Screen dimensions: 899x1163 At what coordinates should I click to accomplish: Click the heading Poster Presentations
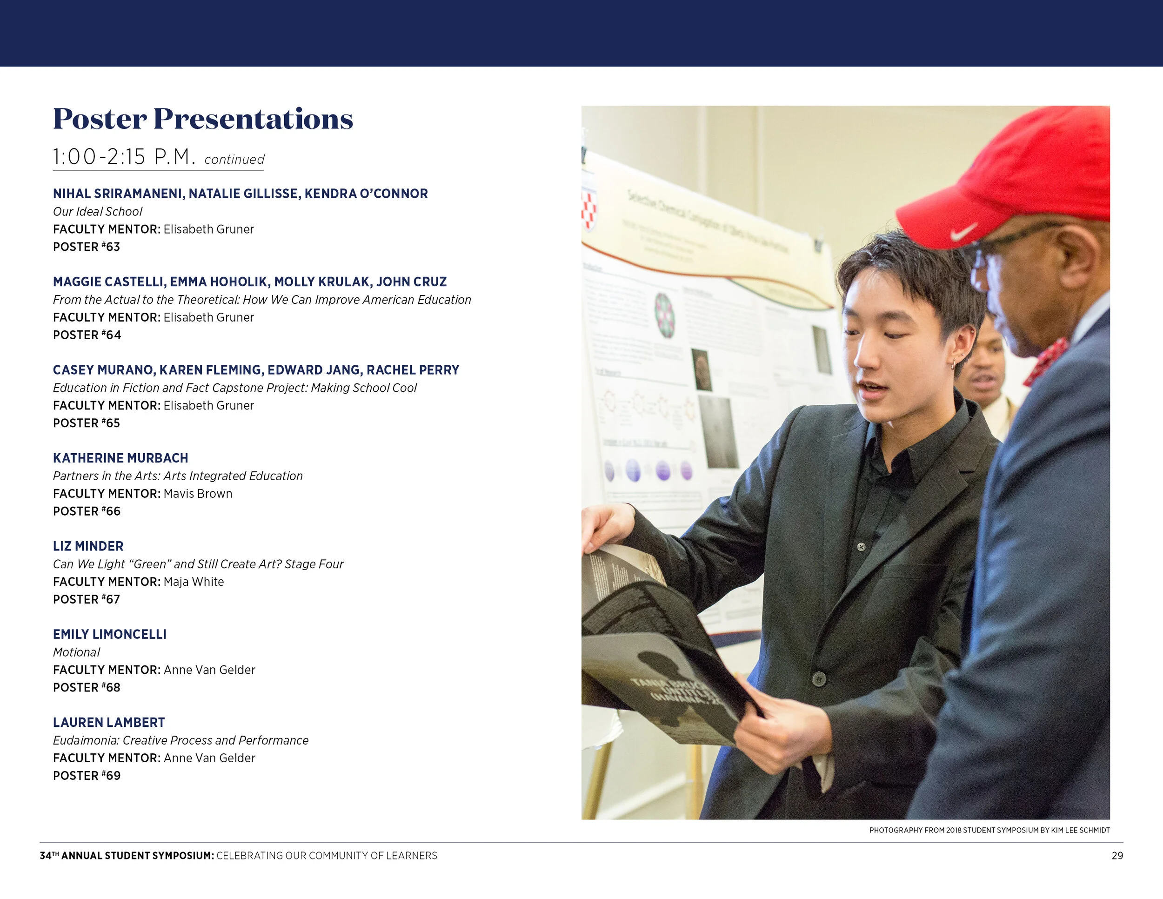pyautogui.click(x=203, y=119)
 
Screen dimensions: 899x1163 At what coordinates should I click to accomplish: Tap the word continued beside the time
pyautogui.click(x=234, y=160)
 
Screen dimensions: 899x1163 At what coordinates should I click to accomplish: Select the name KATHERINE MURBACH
pyautogui.click(x=120, y=458)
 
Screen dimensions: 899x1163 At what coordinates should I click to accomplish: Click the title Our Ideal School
pyautogui.click(x=97, y=211)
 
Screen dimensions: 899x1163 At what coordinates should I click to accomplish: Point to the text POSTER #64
pyautogui.click(x=87, y=335)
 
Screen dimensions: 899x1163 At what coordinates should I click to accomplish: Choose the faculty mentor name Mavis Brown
pyautogui.click(x=198, y=494)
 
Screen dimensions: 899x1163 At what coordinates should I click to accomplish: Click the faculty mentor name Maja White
pyautogui.click(x=194, y=582)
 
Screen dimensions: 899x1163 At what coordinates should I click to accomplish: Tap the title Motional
pyautogui.click(x=76, y=652)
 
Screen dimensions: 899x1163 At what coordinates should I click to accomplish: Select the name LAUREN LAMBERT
pyautogui.click(x=109, y=723)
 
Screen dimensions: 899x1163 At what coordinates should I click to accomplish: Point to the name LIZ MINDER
pyautogui.click(x=88, y=546)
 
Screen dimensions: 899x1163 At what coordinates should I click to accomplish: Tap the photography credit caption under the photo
pyautogui.click(x=989, y=830)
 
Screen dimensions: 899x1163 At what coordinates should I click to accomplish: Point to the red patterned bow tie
pyautogui.click(x=1045, y=362)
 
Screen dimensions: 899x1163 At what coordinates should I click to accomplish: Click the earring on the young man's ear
pyautogui.click(x=953, y=365)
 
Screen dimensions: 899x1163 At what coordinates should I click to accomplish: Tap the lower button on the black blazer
pyautogui.click(x=818, y=678)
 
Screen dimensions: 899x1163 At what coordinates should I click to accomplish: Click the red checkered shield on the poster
pyautogui.click(x=588, y=210)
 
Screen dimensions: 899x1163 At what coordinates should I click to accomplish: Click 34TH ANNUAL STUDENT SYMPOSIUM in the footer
pyautogui.click(x=127, y=855)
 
